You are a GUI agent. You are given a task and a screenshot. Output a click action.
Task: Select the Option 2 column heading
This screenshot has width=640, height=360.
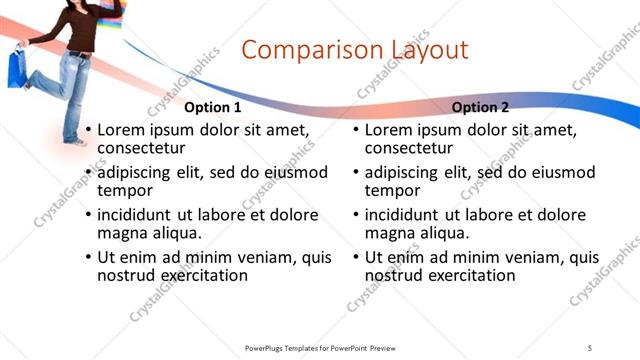(480, 107)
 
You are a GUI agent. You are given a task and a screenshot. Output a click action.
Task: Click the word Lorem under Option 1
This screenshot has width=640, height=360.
(121, 131)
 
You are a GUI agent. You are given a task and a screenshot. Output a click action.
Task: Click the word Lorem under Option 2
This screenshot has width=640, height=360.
(389, 131)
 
